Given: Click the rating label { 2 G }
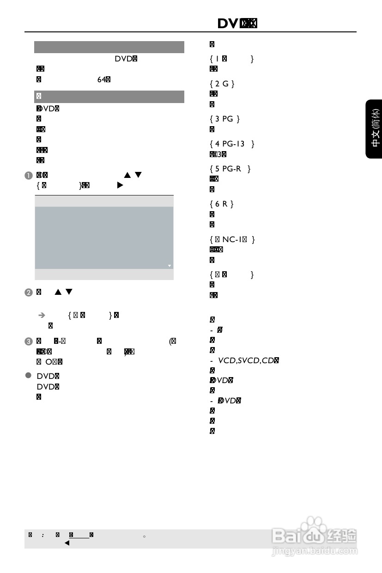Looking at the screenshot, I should tap(222, 84).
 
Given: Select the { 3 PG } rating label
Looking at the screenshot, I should tap(224, 119).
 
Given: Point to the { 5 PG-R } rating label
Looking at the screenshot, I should tap(230, 169).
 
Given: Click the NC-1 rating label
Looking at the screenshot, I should tap(232, 239).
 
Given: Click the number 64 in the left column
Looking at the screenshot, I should tap(102, 79).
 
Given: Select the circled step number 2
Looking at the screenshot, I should tap(29, 292).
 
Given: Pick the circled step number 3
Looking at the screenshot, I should tap(29, 341).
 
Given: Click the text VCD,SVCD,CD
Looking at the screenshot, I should tap(247, 360).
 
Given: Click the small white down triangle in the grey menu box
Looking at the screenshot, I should tap(170, 266).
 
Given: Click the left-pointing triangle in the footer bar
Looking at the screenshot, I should tap(67, 543).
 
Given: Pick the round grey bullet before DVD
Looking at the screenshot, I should tap(29, 375).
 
